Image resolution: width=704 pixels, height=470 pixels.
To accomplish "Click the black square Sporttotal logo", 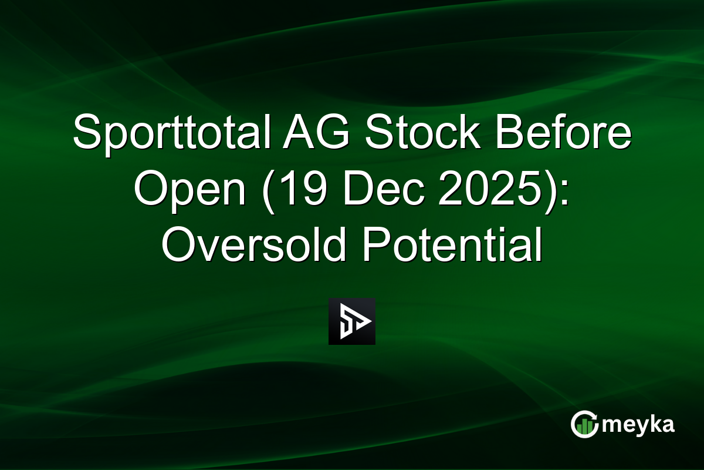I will pos(351,321).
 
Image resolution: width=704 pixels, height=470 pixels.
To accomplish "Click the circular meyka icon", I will pos(584,424).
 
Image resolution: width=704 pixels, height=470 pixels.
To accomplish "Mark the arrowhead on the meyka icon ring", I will pos(593,417).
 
